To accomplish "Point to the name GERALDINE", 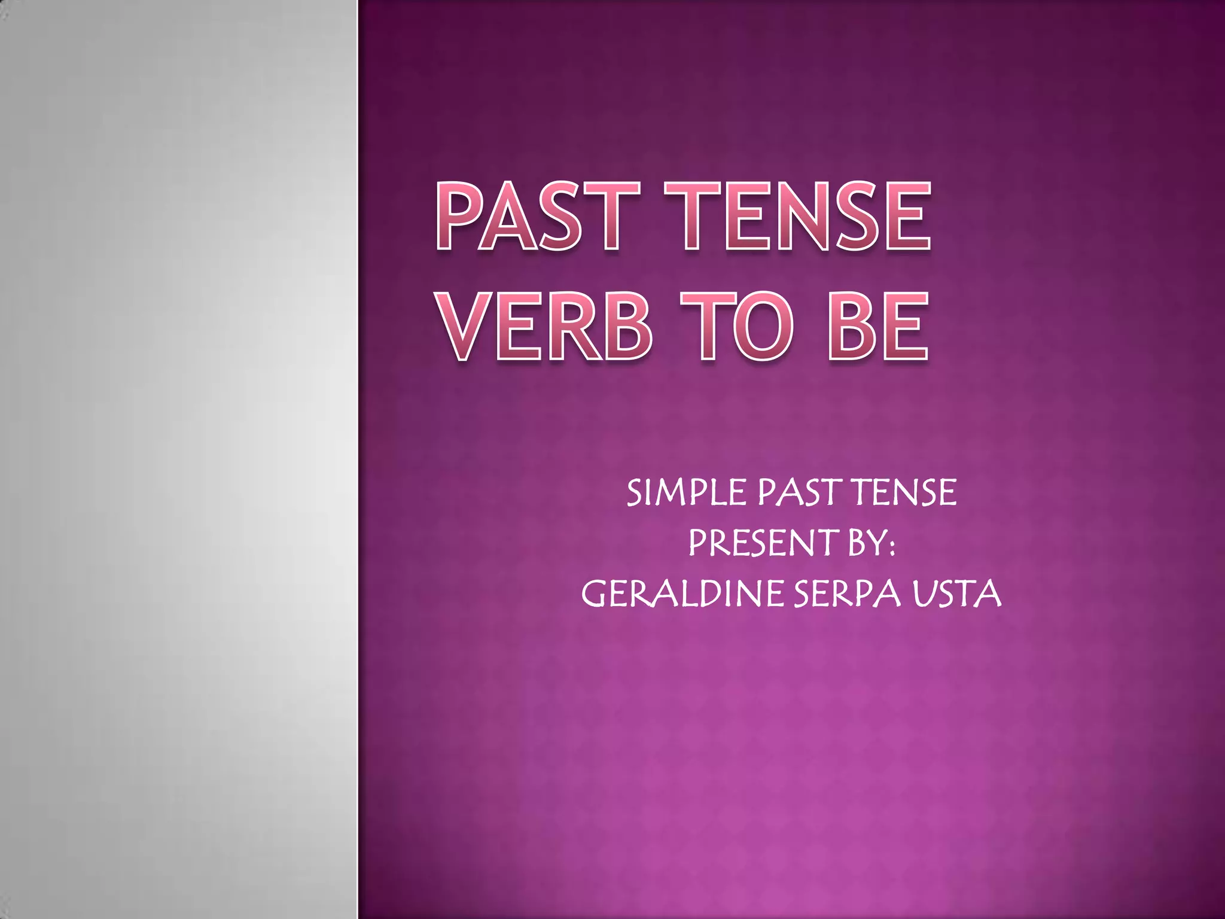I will coord(682,594).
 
